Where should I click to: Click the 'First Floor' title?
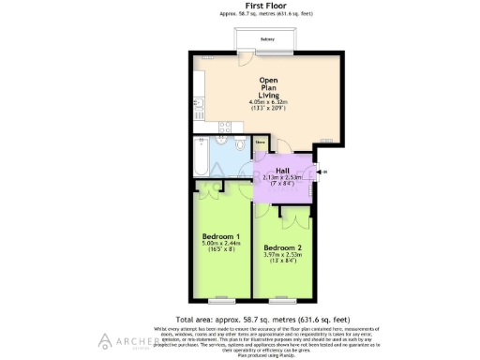coord(240,6)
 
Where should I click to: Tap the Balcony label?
coord(267,39)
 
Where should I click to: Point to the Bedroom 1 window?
coord(221,302)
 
